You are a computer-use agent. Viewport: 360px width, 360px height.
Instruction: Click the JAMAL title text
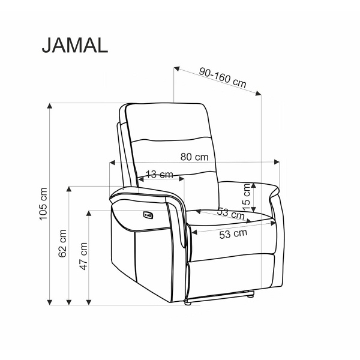(75, 46)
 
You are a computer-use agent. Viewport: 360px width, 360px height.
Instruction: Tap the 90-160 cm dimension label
(223, 77)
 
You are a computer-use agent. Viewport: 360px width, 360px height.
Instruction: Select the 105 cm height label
(43, 204)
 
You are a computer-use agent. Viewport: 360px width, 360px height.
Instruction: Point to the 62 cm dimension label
(62, 244)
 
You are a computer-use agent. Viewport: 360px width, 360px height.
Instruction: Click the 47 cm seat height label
(83, 256)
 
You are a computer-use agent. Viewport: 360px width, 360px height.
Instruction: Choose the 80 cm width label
(194, 157)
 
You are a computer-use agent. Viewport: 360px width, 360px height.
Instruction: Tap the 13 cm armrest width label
(160, 175)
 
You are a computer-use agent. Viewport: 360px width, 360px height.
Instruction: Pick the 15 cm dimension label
(247, 197)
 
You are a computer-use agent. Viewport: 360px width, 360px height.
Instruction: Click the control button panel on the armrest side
(148, 215)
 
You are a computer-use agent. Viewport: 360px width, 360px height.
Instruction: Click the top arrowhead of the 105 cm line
(50, 106)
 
